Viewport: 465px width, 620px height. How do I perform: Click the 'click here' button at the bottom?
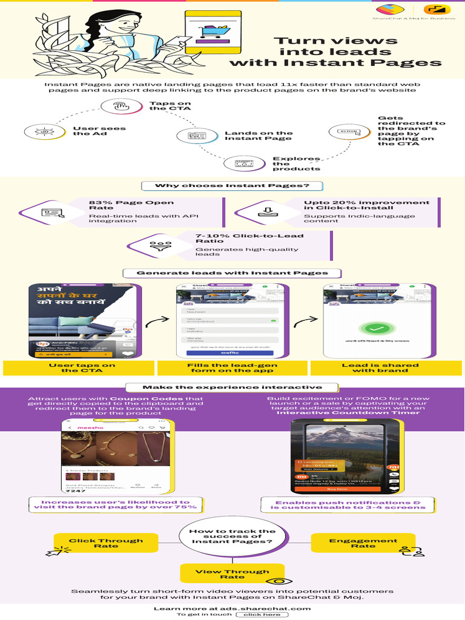(262, 615)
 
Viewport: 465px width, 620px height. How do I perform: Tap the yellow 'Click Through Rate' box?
(106, 543)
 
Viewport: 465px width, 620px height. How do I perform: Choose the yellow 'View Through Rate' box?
(232, 573)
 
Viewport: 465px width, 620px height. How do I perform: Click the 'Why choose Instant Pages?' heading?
(232, 185)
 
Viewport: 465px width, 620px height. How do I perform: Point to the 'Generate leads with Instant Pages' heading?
(232, 273)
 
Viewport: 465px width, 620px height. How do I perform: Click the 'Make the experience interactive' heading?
(232, 387)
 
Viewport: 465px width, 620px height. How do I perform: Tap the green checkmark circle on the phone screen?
(378, 330)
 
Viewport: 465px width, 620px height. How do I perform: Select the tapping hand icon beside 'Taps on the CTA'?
(120, 107)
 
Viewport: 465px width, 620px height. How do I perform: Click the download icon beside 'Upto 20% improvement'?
(266, 212)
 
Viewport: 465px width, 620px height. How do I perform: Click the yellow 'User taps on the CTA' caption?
(79, 368)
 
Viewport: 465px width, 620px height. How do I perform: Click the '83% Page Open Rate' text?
(131, 205)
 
